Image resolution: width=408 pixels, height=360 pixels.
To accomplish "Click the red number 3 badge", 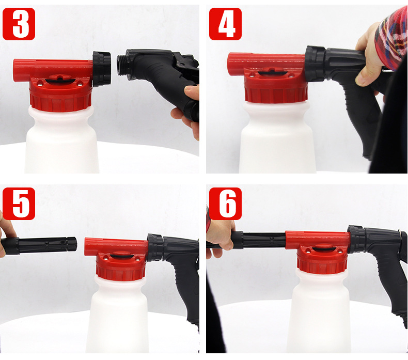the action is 19,24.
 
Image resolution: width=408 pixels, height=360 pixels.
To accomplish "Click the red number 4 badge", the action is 225,24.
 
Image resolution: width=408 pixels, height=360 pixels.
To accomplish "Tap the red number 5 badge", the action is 19,204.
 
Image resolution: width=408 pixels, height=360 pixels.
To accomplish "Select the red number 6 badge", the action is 225,204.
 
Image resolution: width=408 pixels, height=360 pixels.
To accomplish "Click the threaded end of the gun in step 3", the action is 122,65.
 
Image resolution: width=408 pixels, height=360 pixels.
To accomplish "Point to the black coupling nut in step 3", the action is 102,69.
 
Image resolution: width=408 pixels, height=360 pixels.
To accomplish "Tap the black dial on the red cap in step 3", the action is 60,81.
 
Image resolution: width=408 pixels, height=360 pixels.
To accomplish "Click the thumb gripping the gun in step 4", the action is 366,75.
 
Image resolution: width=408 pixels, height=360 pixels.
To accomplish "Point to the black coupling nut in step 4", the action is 316,64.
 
